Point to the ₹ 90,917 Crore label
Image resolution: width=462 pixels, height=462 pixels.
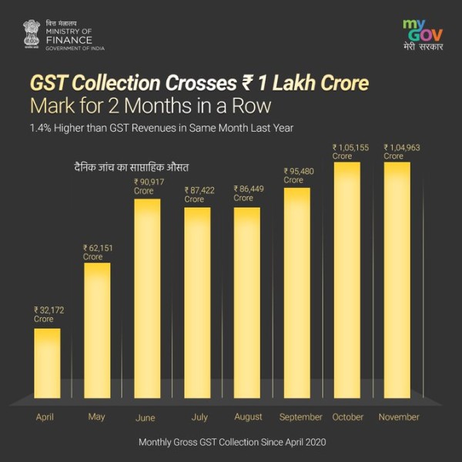click(150, 186)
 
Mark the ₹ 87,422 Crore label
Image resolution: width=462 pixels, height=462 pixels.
click(200, 194)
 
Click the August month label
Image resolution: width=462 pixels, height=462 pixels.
click(249, 417)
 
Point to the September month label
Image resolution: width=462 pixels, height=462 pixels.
click(301, 417)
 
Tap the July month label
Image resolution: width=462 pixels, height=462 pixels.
click(199, 417)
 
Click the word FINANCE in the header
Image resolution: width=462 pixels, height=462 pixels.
click(69, 40)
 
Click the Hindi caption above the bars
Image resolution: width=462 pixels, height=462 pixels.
click(126, 166)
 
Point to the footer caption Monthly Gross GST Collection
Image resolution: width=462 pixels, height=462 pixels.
click(231, 443)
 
